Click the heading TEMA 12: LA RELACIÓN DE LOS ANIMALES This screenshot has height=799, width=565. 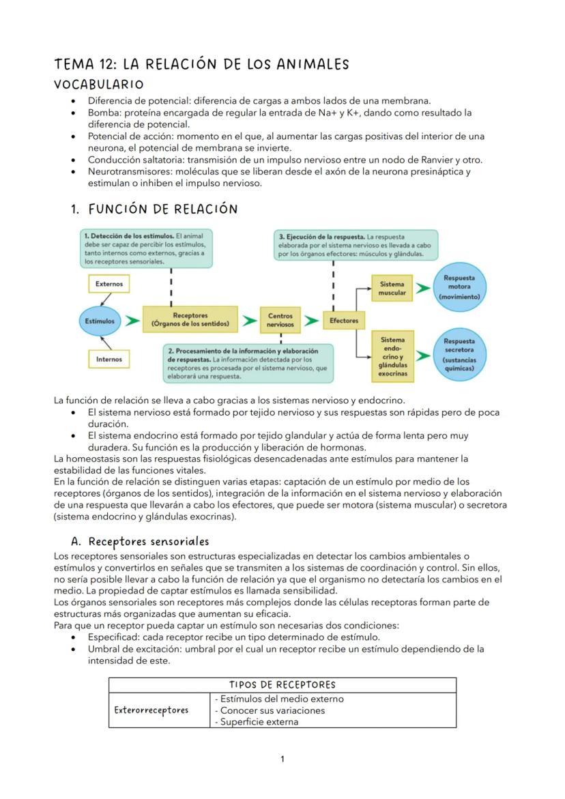(x=201, y=65)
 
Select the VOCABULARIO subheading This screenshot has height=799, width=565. (x=99, y=85)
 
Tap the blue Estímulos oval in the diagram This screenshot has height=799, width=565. (x=100, y=320)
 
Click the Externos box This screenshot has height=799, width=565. (x=109, y=282)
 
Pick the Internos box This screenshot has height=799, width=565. (x=109, y=358)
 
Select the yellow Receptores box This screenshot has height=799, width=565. (x=190, y=319)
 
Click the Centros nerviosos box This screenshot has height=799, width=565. (x=280, y=320)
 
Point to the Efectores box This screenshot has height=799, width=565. (x=343, y=320)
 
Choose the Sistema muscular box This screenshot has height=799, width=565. (x=392, y=288)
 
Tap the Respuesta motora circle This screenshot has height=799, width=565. (x=459, y=287)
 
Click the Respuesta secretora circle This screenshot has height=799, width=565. (x=459, y=352)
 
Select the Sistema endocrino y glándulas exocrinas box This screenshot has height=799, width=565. (x=392, y=356)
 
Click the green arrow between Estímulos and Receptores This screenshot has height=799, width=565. (x=130, y=319)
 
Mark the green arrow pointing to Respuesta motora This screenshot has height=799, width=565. (x=423, y=288)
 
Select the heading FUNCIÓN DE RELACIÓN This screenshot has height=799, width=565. (x=162, y=209)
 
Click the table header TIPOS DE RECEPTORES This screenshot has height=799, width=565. (x=282, y=685)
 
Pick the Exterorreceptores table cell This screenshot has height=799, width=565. (x=151, y=710)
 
